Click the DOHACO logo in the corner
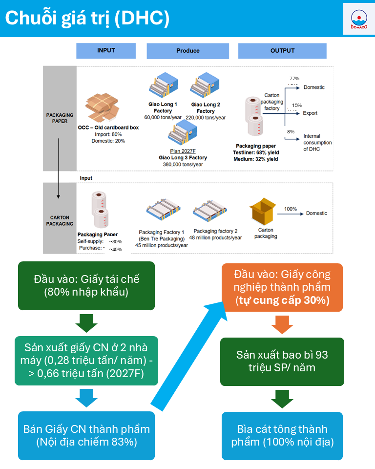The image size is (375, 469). (x=359, y=19)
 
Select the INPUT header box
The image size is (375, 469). (x=105, y=51)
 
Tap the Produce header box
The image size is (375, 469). (x=187, y=51)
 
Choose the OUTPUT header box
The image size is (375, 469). (x=282, y=51)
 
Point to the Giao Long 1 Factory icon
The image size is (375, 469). (x=163, y=86)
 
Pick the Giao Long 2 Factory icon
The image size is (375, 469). (x=206, y=86)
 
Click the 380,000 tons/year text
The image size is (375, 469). (x=183, y=165)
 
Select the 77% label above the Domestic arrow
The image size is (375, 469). (x=294, y=79)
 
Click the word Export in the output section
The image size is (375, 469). (x=310, y=113)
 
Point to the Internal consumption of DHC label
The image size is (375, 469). (x=317, y=142)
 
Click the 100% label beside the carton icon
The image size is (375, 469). (x=291, y=209)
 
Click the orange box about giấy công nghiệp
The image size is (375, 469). (x=282, y=287)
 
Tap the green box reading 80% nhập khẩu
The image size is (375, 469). (x=86, y=286)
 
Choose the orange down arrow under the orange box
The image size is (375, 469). (x=282, y=324)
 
